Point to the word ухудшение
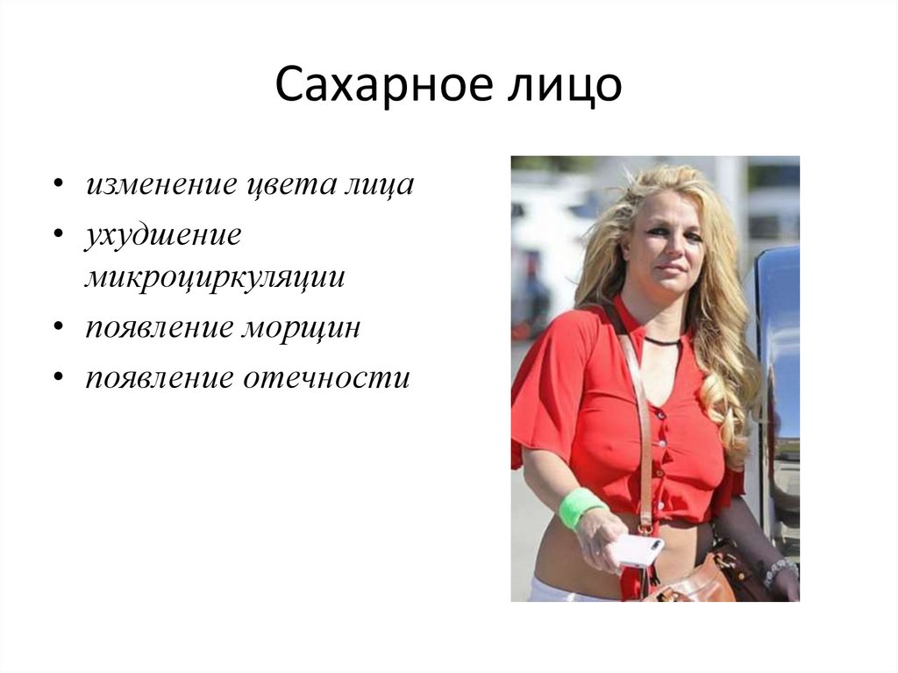(x=163, y=235)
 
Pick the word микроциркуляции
(x=215, y=277)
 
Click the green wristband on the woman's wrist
(x=579, y=507)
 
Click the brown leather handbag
(x=702, y=579)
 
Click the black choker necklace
(x=663, y=340)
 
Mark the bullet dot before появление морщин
(x=58, y=328)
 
